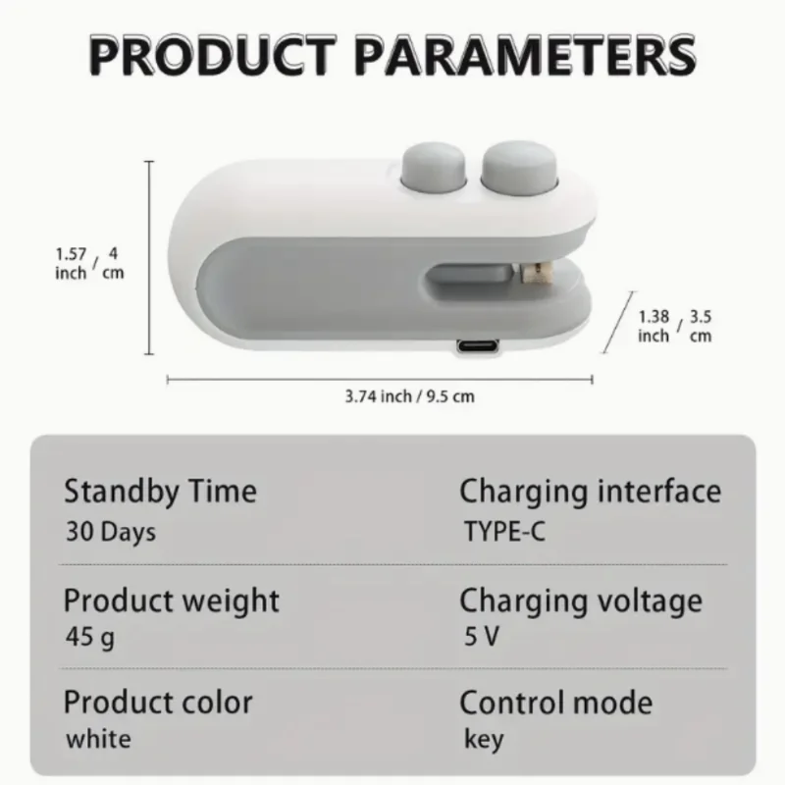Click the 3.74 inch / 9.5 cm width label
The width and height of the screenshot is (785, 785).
(410, 396)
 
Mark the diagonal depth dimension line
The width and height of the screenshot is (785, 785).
(616, 320)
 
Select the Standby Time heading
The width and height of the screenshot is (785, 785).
(160, 491)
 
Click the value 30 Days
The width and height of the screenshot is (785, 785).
(111, 532)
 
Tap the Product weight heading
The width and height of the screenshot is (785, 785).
(172, 600)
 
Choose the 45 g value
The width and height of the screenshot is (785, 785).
(90, 639)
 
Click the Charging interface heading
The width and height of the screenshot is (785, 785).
(590, 491)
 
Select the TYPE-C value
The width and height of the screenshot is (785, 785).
(504, 533)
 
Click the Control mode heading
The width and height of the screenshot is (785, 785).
(555, 703)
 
